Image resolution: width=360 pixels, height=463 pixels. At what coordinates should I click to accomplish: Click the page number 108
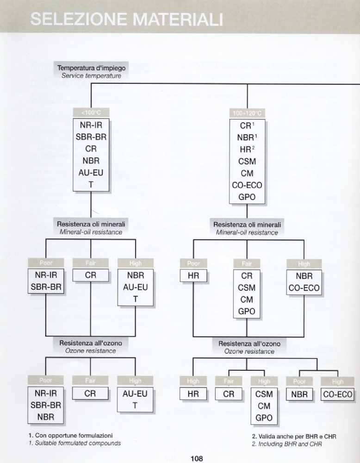pyautogui.click(x=196, y=458)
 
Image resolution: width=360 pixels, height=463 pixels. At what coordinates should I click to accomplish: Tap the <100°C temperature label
pyautogui.click(x=91, y=113)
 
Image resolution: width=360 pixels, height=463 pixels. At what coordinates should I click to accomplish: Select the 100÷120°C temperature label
pyautogui.click(x=247, y=113)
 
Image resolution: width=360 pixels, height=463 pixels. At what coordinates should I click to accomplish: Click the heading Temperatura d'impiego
pyautogui.click(x=91, y=68)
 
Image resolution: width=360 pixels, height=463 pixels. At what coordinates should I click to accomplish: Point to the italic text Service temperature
pyautogui.click(x=91, y=75)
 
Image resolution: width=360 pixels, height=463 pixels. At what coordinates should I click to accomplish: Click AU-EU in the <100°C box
pyautogui.click(x=91, y=173)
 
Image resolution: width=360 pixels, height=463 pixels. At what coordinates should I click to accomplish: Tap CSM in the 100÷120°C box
pyautogui.click(x=247, y=161)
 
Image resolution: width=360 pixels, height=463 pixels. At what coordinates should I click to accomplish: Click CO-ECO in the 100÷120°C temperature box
pyautogui.click(x=247, y=185)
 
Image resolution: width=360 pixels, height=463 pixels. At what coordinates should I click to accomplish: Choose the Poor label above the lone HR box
pyautogui.click(x=193, y=263)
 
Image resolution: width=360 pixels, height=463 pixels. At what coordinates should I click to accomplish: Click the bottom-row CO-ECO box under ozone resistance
pyautogui.click(x=338, y=394)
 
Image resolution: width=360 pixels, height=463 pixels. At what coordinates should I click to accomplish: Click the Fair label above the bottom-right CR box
pyautogui.click(x=229, y=381)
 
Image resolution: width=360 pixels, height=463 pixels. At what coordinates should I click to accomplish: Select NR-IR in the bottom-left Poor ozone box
pyautogui.click(x=46, y=394)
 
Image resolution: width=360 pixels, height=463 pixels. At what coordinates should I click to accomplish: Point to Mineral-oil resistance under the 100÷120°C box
pyautogui.click(x=247, y=232)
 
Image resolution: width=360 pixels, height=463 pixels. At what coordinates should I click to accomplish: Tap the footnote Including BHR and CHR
pyautogui.click(x=286, y=444)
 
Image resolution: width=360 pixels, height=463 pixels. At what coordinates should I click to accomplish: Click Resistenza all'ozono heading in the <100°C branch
pyautogui.click(x=91, y=344)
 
